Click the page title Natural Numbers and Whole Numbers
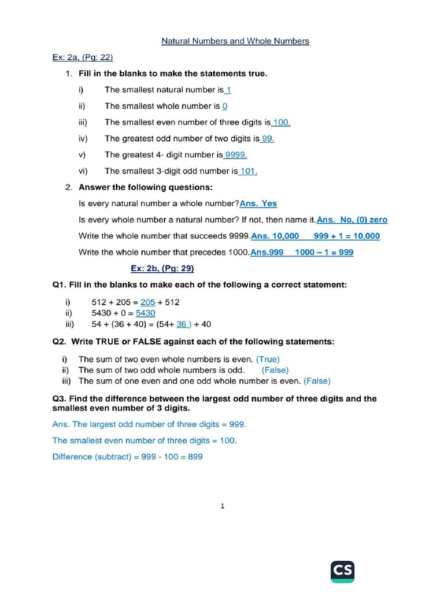tap(235, 41)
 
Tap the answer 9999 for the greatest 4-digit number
tap(236, 155)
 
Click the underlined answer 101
tap(248, 171)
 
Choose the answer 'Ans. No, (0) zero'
tap(352, 220)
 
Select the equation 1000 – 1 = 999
tap(324, 252)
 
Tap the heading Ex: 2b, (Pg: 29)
tap(162, 268)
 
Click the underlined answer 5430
tap(146, 313)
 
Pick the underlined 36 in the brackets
tap(182, 324)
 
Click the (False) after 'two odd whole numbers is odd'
tap(275, 370)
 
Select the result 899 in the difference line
tap(195, 457)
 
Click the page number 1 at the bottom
tap(223, 506)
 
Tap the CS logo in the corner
tap(342, 571)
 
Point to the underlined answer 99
tap(268, 139)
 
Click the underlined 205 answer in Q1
tap(148, 302)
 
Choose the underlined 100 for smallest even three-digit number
tap(281, 123)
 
